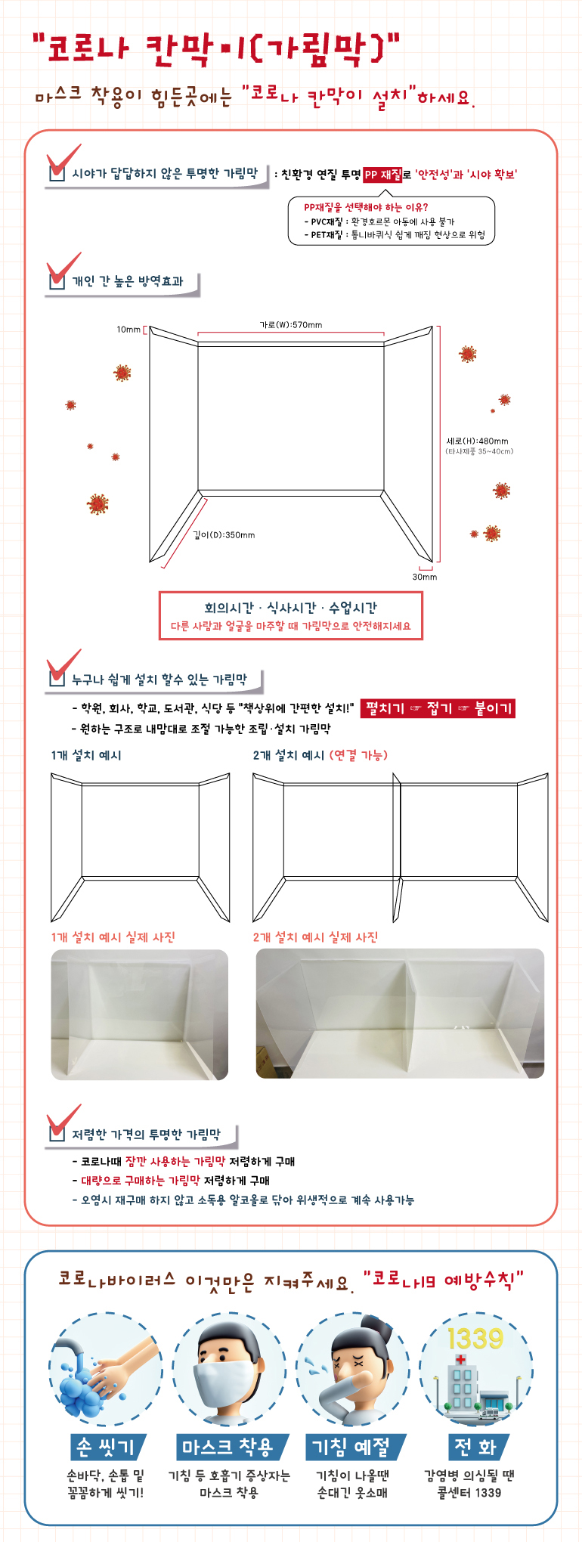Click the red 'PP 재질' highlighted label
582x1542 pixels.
(382, 175)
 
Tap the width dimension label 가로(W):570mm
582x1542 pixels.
(291, 325)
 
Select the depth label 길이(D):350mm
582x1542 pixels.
(224, 535)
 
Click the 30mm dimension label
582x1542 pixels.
(425, 577)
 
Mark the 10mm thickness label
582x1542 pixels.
(128, 330)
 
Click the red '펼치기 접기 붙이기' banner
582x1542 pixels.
(438, 708)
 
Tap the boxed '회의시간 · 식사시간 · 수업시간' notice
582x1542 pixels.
(291, 616)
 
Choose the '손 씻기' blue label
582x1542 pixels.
(106, 1447)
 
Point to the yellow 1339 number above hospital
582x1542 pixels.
(475, 1339)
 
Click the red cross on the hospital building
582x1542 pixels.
(460, 1359)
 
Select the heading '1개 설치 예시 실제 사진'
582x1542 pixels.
(113, 937)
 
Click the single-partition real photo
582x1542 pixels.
(140, 1014)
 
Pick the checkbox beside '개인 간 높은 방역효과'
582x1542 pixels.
(57, 280)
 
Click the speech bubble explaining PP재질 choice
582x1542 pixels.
(392, 221)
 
